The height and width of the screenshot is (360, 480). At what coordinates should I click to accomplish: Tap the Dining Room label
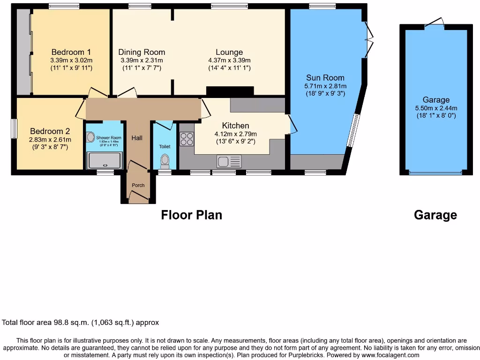click(x=142, y=52)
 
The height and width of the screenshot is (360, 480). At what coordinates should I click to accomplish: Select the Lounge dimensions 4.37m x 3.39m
click(x=229, y=60)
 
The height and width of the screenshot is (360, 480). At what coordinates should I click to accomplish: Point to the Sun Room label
click(x=325, y=78)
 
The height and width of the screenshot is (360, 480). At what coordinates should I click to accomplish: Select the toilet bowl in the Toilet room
click(x=165, y=161)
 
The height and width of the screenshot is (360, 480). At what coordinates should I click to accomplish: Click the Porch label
click(x=138, y=186)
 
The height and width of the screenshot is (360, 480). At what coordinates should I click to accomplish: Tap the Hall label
click(x=137, y=138)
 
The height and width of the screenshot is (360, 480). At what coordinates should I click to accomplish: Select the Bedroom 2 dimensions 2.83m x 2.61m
click(x=50, y=140)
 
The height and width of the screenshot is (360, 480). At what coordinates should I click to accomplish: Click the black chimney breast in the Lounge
click(x=230, y=91)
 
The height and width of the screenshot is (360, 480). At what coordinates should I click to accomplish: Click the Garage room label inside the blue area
click(x=436, y=100)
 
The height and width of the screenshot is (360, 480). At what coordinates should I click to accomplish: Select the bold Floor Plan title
click(x=191, y=215)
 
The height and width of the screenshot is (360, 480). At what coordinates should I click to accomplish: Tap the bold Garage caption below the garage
click(x=435, y=215)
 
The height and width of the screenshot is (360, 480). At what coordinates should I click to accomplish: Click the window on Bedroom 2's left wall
click(x=14, y=128)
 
